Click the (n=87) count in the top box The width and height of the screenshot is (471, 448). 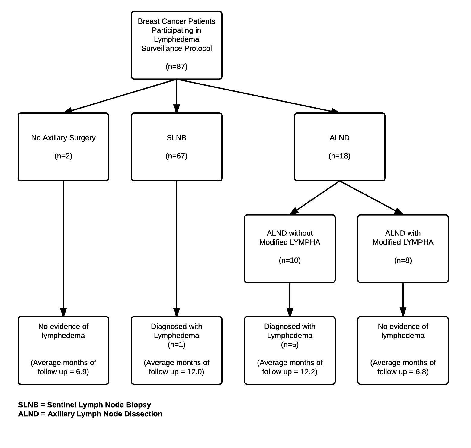[x=177, y=66]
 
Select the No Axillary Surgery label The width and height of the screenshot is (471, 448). [x=63, y=138]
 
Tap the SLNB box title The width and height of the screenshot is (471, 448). [x=177, y=138]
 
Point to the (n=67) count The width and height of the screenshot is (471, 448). [x=177, y=156]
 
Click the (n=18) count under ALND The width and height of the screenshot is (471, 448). [x=340, y=156]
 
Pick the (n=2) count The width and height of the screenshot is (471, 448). [x=63, y=156]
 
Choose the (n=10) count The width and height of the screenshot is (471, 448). [x=290, y=260]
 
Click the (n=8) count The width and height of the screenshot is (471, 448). [x=403, y=260]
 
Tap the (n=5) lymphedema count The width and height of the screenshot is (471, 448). [x=290, y=345]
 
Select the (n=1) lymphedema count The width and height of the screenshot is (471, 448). [x=177, y=345]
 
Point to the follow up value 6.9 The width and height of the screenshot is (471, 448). [x=82, y=372]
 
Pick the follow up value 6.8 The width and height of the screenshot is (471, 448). [x=422, y=372]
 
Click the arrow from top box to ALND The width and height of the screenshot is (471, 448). [x=258, y=96]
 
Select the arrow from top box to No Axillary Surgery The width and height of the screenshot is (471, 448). [x=120, y=96]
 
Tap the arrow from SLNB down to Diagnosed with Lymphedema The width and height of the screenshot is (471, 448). [x=177, y=249]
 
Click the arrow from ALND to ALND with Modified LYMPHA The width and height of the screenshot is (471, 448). [x=371, y=198]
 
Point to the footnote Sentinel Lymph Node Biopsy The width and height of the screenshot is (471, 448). [x=99, y=405]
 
